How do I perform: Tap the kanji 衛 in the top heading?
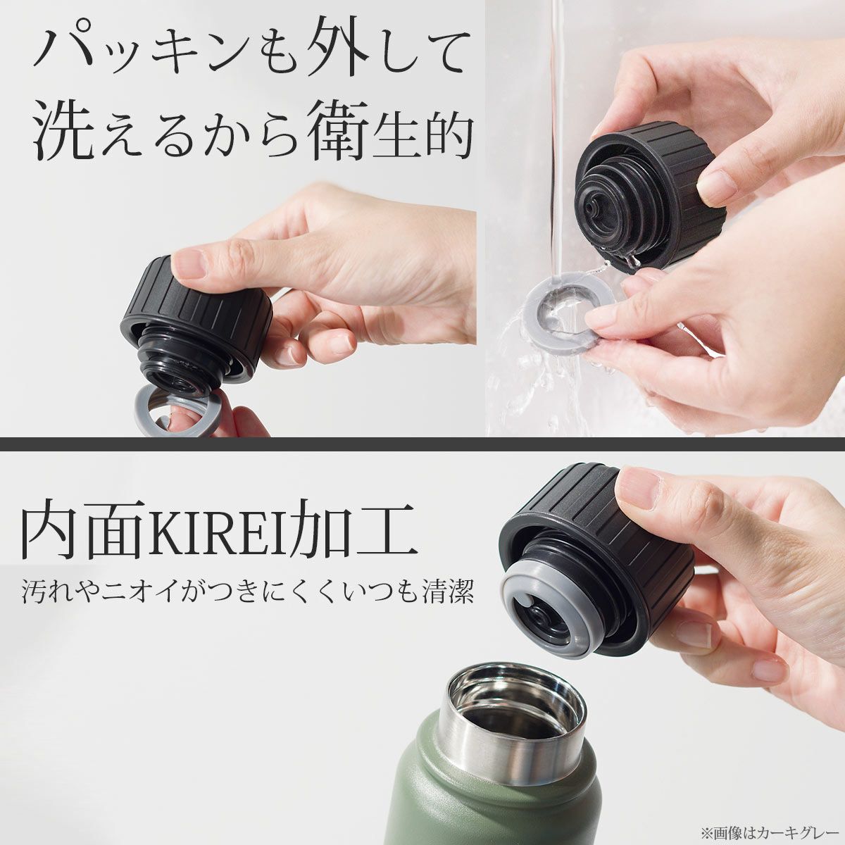tap(340, 132)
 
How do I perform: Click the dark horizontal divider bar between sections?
tap(423, 444)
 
